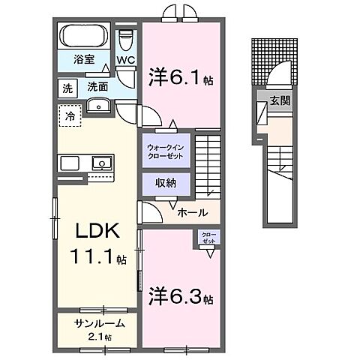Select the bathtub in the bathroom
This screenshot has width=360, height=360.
pyautogui.click(x=84, y=36)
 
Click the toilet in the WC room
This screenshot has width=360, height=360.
pyautogui.click(x=127, y=38)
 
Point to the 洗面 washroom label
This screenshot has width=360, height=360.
pyautogui.click(x=97, y=87)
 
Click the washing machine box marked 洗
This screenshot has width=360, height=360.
pyautogui.click(x=67, y=88)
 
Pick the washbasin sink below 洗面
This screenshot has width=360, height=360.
pyautogui.click(x=97, y=106)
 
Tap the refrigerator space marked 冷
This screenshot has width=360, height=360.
pyautogui.click(x=69, y=117)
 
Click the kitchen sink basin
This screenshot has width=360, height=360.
pyautogui.click(x=100, y=162)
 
